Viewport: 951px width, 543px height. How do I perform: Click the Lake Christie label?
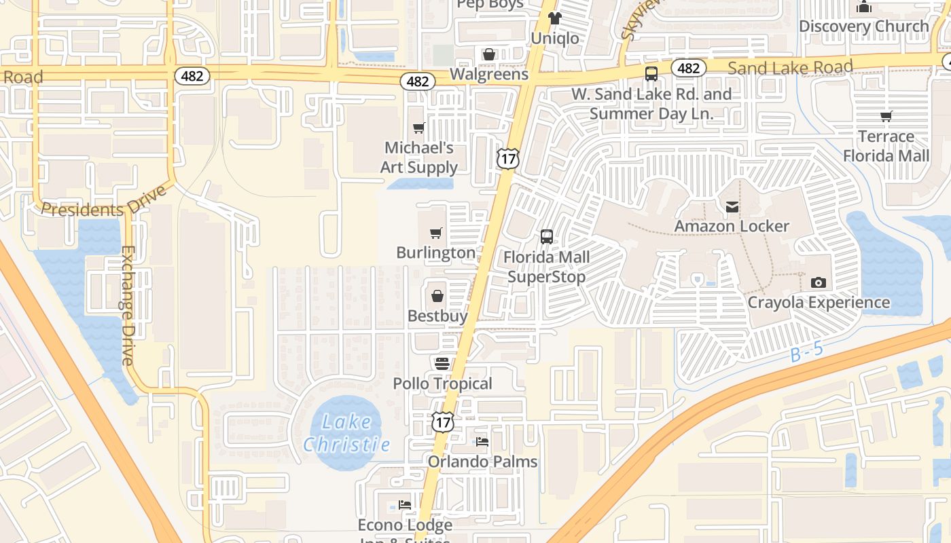[x=346, y=433]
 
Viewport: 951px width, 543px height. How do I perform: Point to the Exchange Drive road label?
[x=127, y=305]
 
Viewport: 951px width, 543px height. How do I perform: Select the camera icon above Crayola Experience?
[x=819, y=282]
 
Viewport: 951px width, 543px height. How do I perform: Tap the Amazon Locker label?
[x=732, y=226]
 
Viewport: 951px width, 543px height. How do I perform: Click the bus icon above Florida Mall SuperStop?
[x=547, y=237]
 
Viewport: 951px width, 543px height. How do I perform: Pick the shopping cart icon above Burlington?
[x=436, y=233]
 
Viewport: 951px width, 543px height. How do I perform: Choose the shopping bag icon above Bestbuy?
[x=437, y=297]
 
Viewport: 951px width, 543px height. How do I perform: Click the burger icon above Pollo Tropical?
[x=443, y=364]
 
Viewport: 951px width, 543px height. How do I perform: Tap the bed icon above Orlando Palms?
[x=482, y=442]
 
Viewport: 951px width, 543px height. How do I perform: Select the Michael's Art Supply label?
[x=419, y=157]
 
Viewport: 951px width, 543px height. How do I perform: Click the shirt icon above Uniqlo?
[x=555, y=18]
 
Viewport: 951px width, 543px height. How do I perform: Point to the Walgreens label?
[x=489, y=74]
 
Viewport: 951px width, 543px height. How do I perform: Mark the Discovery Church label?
[x=863, y=26]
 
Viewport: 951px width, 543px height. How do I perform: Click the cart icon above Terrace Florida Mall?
[x=886, y=117]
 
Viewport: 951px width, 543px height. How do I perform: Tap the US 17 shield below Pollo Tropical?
[x=442, y=422]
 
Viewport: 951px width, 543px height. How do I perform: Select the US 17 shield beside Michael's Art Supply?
[x=507, y=158]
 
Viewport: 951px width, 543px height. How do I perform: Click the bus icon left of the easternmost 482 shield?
[x=651, y=73]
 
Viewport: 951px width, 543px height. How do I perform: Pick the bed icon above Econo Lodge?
[x=405, y=505]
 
